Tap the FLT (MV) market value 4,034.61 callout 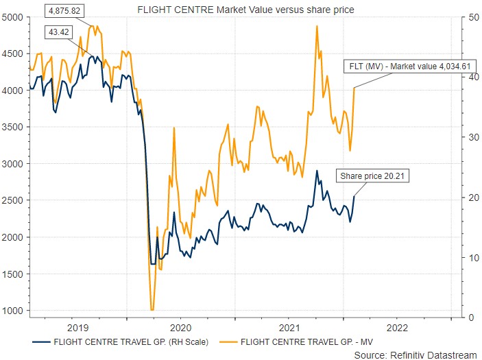408,66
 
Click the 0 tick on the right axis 467,317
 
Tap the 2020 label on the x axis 180,328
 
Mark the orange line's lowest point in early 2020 152,310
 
